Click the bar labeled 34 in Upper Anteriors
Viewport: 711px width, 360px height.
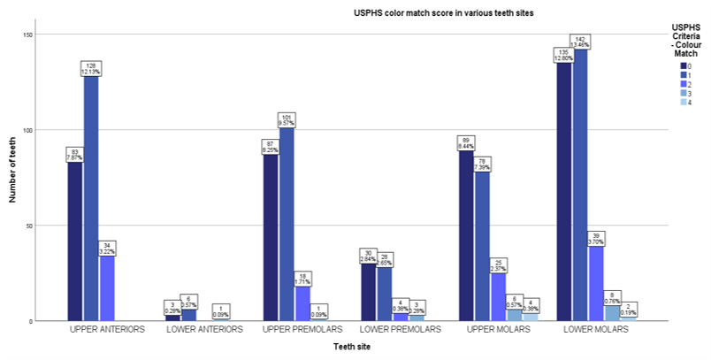pyautogui.click(x=108, y=287)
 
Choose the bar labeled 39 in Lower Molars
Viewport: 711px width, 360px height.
pyautogui.click(x=597, y=283)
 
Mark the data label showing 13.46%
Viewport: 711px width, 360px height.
pyautogui.click(x=580, y=44)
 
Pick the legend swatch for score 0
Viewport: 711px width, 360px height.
pyautogui.click(x=684, y=65)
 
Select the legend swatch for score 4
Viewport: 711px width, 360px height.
pyautogui.click(x=684, y=101)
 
